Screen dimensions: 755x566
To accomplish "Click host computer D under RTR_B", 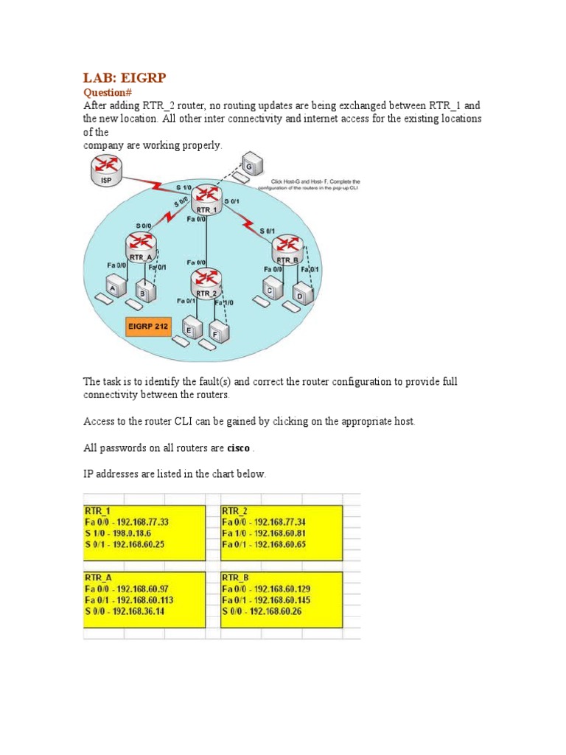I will point(304,293).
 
